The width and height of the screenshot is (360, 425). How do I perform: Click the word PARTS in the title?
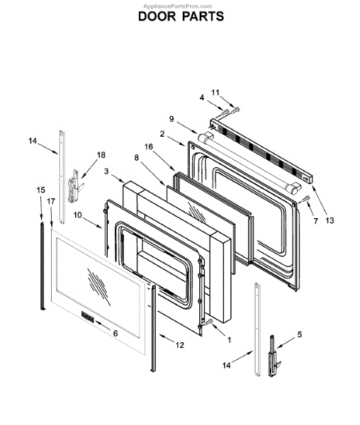pyautogui.click(x=203, y=16)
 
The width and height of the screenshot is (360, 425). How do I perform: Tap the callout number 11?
pyautogui.click(x=215, y=93)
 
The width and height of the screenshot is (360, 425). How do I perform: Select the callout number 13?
pyautogui.click(x=330, y=220)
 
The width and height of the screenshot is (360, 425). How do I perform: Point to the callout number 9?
pyautogui.click(x=171, y=119)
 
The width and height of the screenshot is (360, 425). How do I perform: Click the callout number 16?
pyautogui.click(x=149, y=147)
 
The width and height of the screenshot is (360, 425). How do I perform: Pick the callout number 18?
pyautogui.click(x=101, y=155)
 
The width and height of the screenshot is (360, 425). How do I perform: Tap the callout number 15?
pyautogui.click(x=41, y=190)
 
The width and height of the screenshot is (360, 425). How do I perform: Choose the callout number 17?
pyautogui.click(x=51, y=201)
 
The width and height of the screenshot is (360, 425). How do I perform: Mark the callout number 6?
pyautogui.click(x=116, y=333)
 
